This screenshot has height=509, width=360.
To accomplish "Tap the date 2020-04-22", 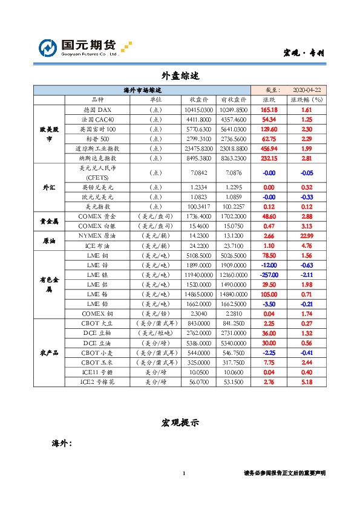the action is (x=305, y=89).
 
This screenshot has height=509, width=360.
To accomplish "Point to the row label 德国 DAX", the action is (x=97, y=110).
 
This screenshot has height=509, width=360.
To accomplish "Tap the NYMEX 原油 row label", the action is (x=97, y=236).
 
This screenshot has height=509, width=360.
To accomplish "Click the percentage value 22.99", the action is (x=306, y=236).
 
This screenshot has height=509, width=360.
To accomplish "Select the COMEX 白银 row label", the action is (x=97, y=225).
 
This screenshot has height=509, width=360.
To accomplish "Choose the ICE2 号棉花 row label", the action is (x=97, y=382).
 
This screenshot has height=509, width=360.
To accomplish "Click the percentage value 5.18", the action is (x=306, y=382).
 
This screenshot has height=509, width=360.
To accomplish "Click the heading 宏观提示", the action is (x=180, y=423).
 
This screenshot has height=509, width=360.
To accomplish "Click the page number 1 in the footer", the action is (x=183, y=473).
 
